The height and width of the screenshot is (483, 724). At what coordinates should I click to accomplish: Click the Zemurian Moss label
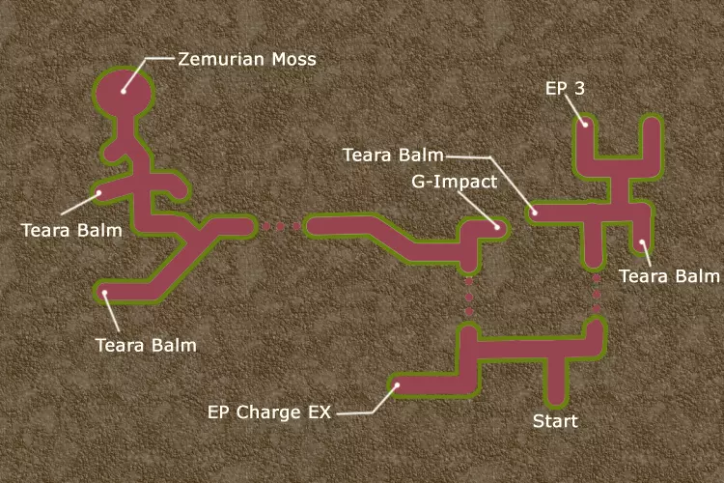(247, 60)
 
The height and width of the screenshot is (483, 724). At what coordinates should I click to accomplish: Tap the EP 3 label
(564, 89)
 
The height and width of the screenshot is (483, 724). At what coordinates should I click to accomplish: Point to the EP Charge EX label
(269, 412)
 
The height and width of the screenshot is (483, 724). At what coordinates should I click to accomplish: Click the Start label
(555, 421)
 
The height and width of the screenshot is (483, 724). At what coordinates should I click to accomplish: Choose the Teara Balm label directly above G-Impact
(393, 155)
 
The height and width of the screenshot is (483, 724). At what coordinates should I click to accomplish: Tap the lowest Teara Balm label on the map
(145, 344)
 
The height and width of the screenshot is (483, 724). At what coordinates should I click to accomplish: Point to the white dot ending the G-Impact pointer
(496, 227)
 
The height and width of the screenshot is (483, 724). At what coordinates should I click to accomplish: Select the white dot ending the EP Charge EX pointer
(396, 387)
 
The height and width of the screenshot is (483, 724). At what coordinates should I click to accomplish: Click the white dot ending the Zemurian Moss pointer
(124, 90)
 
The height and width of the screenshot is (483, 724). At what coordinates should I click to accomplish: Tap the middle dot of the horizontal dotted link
(282, 228)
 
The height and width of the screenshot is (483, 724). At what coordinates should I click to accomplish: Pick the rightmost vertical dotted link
(597, 294)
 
